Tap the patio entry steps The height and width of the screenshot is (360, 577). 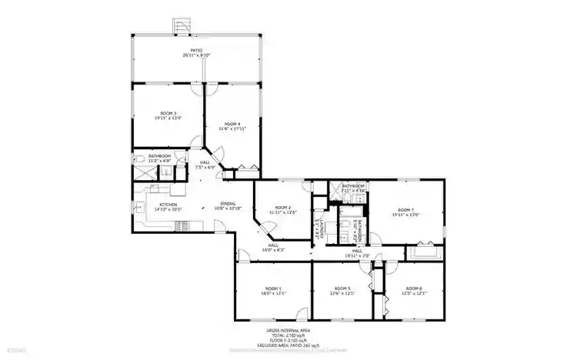click(x=182, y=26)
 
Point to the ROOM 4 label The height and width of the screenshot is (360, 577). click(x=232, y=123)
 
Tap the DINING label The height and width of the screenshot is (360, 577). click(x=228, y=203)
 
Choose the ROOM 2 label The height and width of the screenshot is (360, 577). click(x=284, y=207)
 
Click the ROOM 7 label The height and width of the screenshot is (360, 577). click(x=405, y=209)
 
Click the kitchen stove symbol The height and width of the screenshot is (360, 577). click(x=182, y=225)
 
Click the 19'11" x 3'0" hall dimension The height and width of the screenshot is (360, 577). click(x=357, y=255)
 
